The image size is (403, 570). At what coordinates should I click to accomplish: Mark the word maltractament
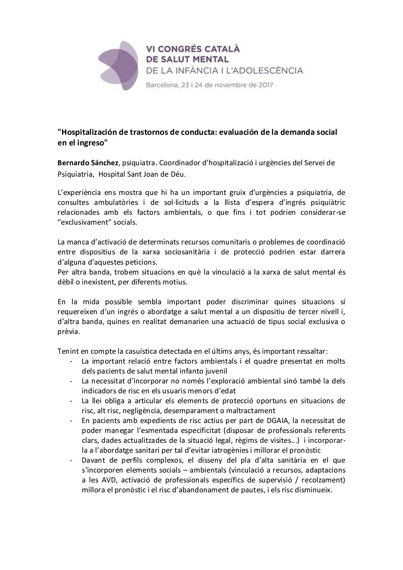(x=249, y=410)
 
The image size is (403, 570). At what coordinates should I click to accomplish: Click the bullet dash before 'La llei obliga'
(x=72, y=401)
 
